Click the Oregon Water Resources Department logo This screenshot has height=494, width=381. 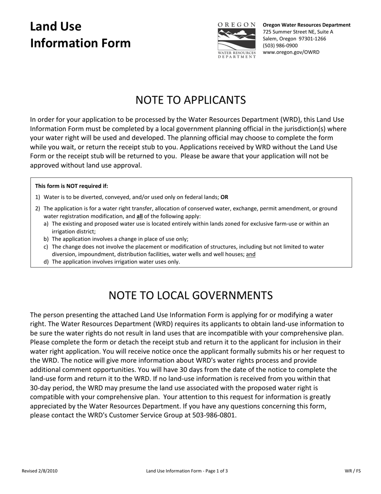(237, 41)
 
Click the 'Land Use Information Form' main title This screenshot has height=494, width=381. (80, 35)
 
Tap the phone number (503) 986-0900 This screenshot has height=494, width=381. (280, 45)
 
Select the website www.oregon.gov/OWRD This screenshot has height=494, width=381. (291, 52)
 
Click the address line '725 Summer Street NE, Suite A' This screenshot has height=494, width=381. (298, 32)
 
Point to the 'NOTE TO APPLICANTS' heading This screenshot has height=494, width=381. (190, 100)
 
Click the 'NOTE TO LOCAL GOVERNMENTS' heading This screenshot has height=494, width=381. (190, 295)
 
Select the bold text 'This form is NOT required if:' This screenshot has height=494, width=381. (71, 186)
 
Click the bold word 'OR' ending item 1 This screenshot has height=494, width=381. (224, 197)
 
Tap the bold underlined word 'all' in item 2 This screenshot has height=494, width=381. (140, 216)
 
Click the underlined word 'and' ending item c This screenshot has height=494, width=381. (251, 254)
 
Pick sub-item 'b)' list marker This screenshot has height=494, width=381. (46, 239)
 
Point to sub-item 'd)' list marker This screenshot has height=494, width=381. (46, 262)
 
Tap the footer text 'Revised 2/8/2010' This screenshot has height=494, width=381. (39, 471)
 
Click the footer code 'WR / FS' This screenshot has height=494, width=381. (353, 471)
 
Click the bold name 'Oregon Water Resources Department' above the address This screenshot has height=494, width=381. (306, 25)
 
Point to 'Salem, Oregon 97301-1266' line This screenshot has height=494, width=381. (294, 39)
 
